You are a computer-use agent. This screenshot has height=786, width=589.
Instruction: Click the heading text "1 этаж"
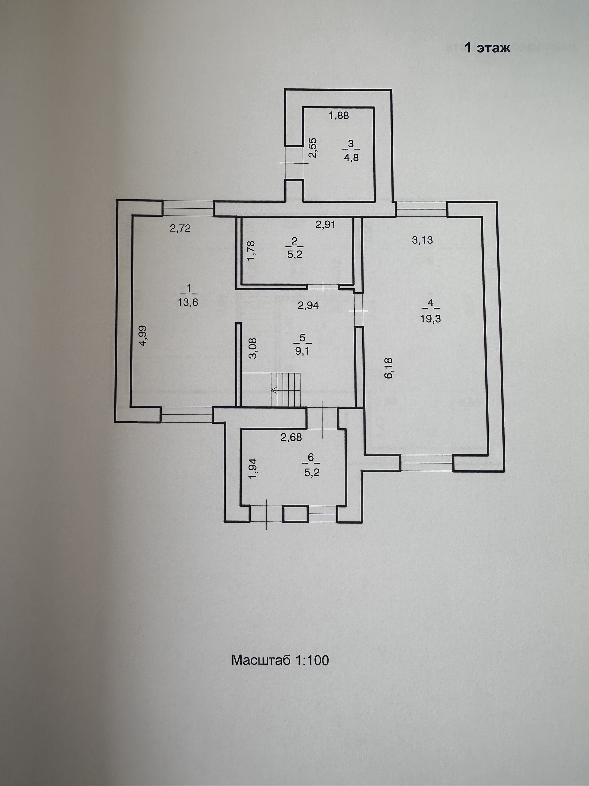(x=487, y=48)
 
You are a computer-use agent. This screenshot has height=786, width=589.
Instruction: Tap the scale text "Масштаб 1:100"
(x=280, y=660)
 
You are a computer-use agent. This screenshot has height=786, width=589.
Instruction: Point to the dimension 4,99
(x=143, y=336)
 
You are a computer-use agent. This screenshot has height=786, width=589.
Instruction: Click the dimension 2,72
(x=180, y=228)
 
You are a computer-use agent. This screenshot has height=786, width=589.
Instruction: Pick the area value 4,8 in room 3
(x=351, y=158)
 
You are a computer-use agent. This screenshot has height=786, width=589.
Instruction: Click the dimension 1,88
(x=338, y=115)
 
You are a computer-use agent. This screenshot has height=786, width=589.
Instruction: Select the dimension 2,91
(x=325, y=224)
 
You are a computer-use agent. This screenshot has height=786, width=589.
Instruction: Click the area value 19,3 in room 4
(x=430, y=319)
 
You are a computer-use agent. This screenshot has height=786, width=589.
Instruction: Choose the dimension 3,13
(x=422, y=240)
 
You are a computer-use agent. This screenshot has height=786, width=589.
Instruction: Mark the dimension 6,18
(x=389, y=368)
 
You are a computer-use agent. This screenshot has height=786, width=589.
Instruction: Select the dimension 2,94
(x=308, y=305)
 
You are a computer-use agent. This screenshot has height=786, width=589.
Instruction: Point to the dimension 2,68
(x=291, y=437)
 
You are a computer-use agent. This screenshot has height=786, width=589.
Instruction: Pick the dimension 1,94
(x=252, y=469)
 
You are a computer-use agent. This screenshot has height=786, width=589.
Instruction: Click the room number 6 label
(x=311, y=458)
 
